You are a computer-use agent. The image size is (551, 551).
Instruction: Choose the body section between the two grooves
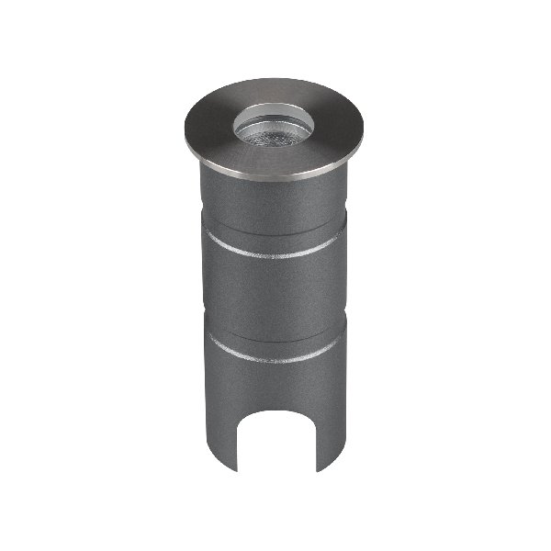tap(270, 303)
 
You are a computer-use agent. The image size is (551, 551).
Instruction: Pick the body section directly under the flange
tap(270, 207)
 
